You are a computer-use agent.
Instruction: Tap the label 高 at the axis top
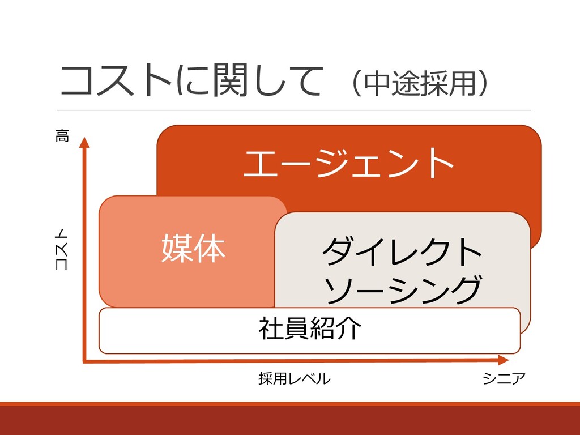coord(62,136)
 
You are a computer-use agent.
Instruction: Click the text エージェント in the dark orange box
coord(348,163)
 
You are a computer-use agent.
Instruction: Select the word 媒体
coord(193,249)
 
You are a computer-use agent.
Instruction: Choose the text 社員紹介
coord(309,328)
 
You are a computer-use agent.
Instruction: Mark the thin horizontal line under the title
coord(295,110)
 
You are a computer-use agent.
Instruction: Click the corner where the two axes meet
coord(84,360)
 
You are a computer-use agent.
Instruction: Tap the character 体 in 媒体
coord(209,249)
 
